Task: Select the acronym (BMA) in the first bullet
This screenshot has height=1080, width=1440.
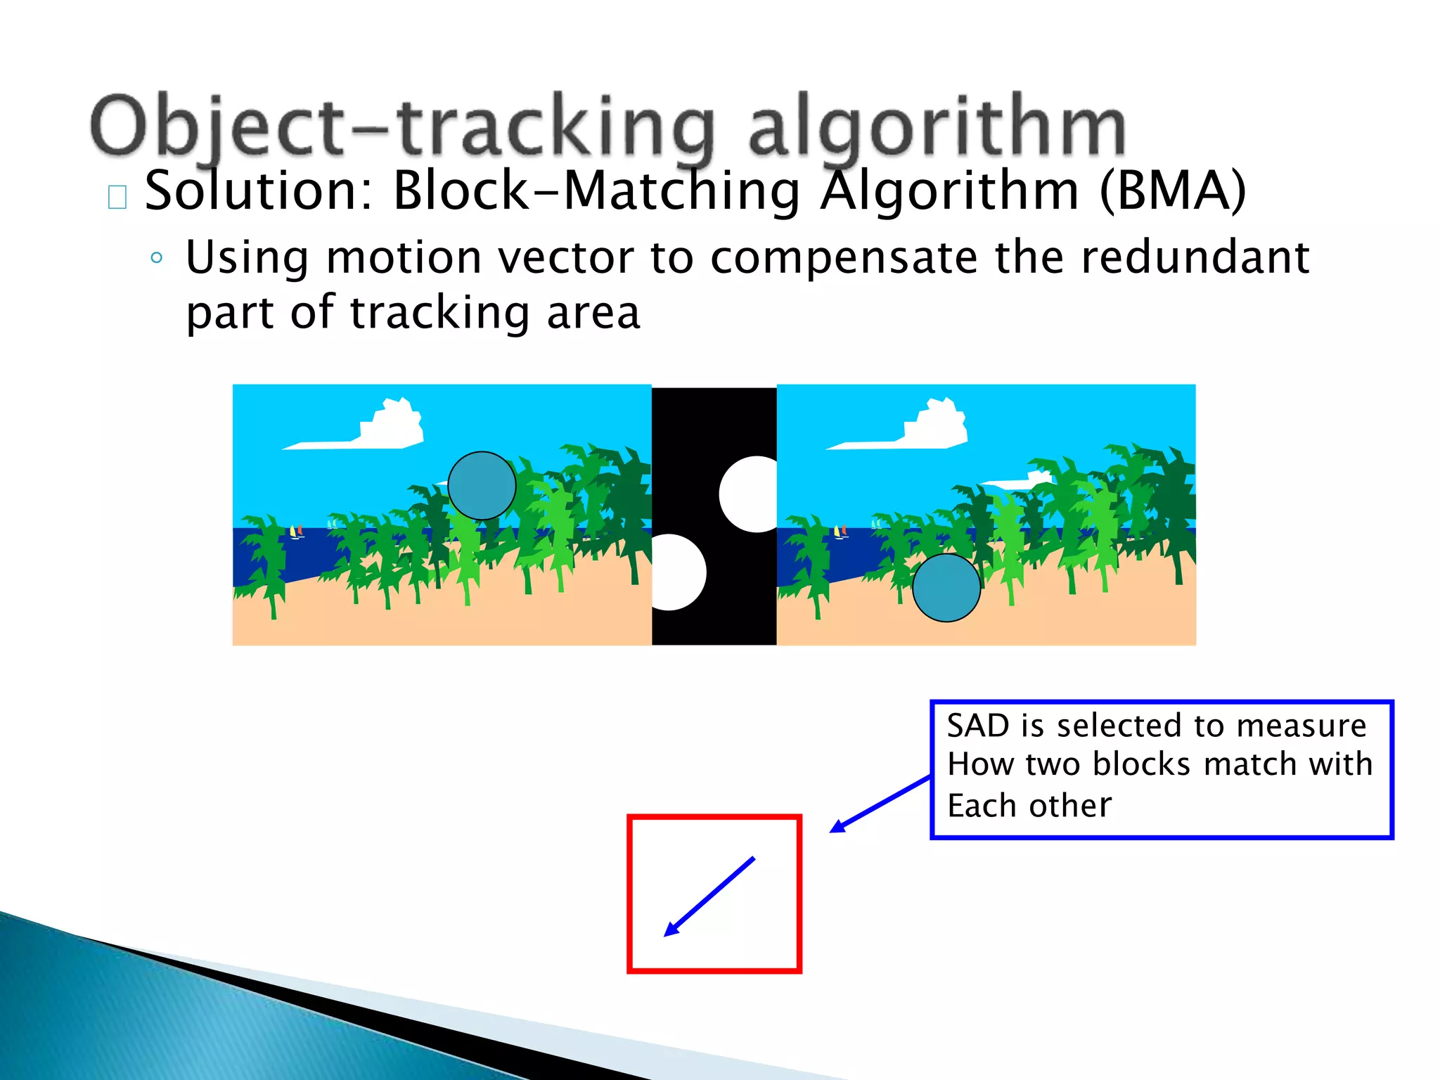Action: [x=1172, y=191]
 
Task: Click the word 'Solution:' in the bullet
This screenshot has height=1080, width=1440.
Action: [x=257, y=191]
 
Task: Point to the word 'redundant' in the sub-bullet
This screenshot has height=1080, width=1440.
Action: [x=1195, y=257]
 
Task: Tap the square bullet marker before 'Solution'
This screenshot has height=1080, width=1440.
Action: [x=117, y=198]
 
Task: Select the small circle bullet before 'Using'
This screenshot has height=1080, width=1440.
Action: [x=156, y=257]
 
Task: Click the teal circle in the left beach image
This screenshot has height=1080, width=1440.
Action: [x=482, y=486]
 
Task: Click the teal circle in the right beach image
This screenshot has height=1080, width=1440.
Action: [x=946, y=588]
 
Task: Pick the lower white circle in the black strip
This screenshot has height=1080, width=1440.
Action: [x=676, y=572]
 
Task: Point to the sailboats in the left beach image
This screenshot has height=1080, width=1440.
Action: [x=297, y=532]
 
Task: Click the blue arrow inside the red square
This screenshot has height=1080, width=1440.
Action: [x=709, y=896]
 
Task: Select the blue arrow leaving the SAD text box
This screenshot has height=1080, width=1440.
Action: [x=880, y=804]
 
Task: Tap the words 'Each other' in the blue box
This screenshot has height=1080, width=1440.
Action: [x=1029, y=806]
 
